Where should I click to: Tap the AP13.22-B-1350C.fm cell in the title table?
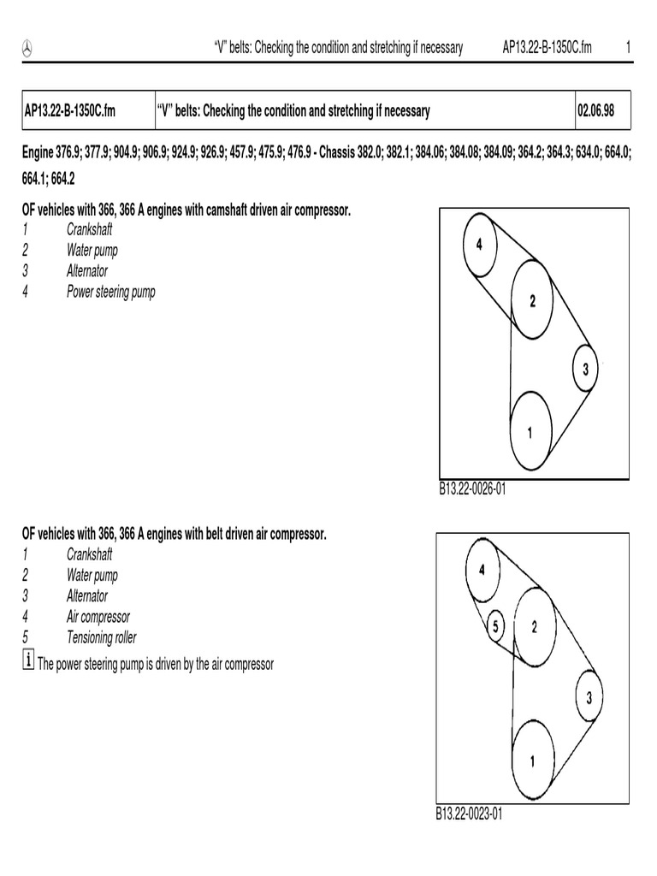69,111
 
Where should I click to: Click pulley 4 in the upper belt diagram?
480,246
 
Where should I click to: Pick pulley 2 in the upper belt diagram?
531,300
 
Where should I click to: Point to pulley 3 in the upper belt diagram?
584,369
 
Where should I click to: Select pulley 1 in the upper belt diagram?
530,432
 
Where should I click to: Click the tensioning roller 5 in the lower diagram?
495,627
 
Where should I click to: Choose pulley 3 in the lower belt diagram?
589,697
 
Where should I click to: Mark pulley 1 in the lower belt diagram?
532,761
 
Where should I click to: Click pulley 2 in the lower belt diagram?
534,627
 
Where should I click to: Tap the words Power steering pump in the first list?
111,292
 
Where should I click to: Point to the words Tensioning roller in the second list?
101,637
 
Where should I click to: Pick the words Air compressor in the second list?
98,617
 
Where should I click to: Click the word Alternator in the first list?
87,271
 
